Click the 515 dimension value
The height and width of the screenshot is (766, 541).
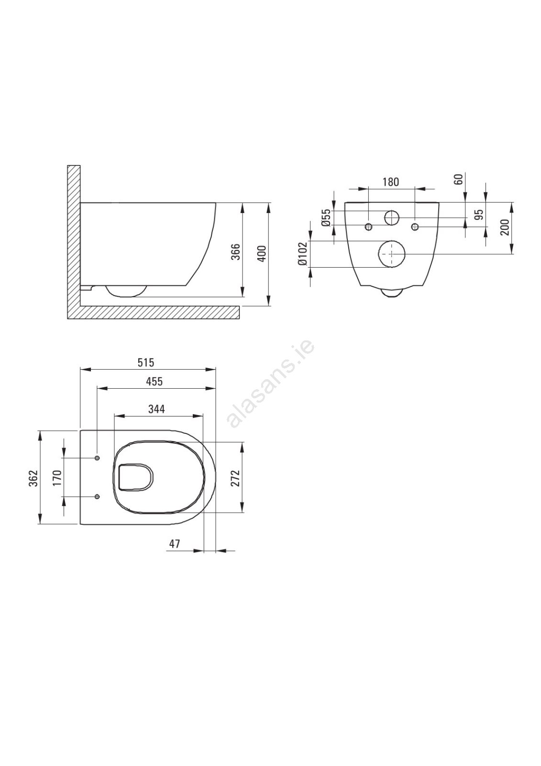[x=146, y=362]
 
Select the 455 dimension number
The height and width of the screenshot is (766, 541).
[x=155, y=381]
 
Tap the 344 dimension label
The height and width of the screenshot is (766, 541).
[x=156, y=409]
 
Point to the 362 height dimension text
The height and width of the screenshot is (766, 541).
[x=33, y=478]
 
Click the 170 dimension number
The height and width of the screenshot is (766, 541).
[x=57, y=478]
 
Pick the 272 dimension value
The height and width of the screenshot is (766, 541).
[x=236, y=478]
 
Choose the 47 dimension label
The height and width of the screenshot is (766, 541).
[x=175, y=543]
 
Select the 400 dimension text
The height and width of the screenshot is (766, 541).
[x=262, y=253]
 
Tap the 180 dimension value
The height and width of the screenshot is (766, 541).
[x=390, y=181]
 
